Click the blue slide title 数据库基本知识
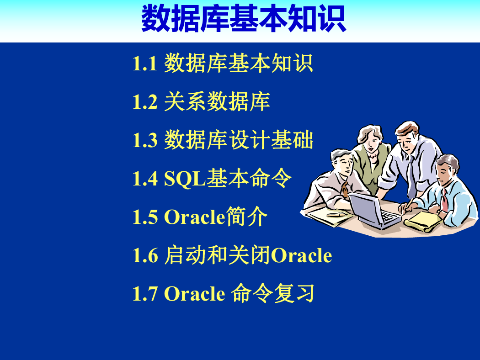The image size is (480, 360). coord(244,18)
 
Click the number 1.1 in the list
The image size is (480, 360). coord(145,64)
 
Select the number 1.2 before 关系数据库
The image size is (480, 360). coord(145,102)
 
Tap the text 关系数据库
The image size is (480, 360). coord(217,101)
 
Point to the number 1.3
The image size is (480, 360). coord(145,140)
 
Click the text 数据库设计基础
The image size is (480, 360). coord(239,140)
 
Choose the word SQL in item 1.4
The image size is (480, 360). coord(185,179)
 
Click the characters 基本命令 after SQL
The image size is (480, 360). coord(249,178)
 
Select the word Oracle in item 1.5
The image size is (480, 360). coord(195,217)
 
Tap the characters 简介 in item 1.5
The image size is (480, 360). coord(246,216)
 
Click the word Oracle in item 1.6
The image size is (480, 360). coord(302,255)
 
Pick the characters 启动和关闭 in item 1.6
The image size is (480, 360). coord(218,255)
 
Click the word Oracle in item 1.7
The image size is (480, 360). coord(195,294)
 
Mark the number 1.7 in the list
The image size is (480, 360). coord(145,294)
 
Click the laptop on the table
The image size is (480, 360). coord(374,212)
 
